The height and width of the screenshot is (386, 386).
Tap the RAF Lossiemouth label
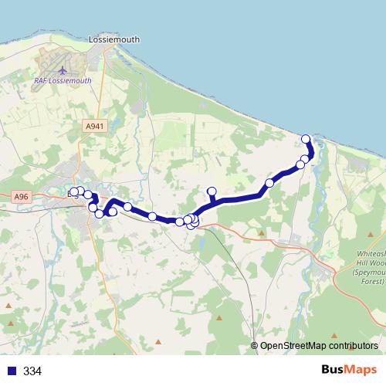(63, 80)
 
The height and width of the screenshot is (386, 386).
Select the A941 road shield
(94, 125)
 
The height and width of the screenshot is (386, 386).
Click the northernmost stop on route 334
(306, 140)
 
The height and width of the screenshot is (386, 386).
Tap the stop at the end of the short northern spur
(212, 191)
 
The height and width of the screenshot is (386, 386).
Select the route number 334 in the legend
(32, 371)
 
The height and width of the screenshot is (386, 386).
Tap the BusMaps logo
(347, 370)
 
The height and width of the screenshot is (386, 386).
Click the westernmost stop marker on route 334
(73, 191)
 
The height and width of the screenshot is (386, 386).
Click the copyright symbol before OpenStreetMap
(255, 346)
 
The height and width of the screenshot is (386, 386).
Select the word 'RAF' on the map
(41, 80)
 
